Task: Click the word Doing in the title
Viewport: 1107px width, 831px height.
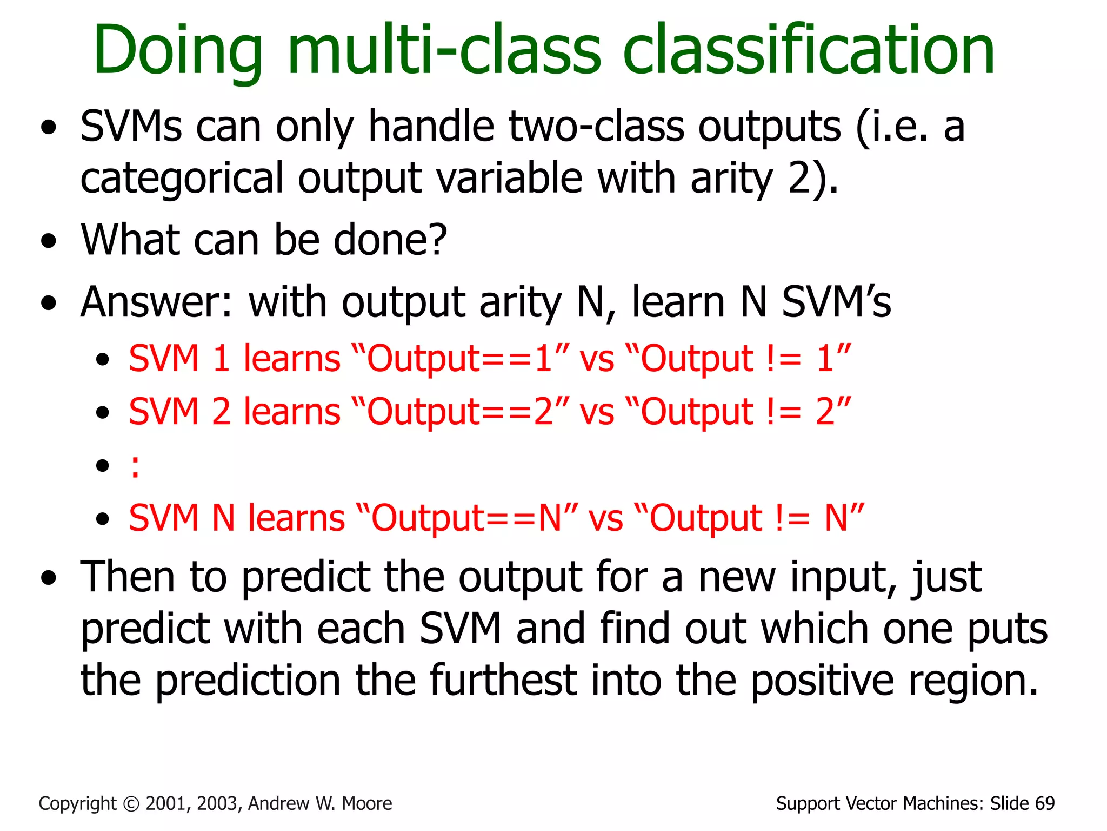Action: [178, 51]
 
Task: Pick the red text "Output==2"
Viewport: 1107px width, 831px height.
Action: [460, 412]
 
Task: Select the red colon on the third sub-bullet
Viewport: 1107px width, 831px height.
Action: [135, 466]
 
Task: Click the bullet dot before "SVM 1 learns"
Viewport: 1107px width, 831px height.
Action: [103, 360]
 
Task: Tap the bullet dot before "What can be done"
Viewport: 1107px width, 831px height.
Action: [49, 241]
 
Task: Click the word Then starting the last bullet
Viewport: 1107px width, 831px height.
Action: [128, 577]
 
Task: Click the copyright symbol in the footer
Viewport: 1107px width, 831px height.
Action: [131, 804]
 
